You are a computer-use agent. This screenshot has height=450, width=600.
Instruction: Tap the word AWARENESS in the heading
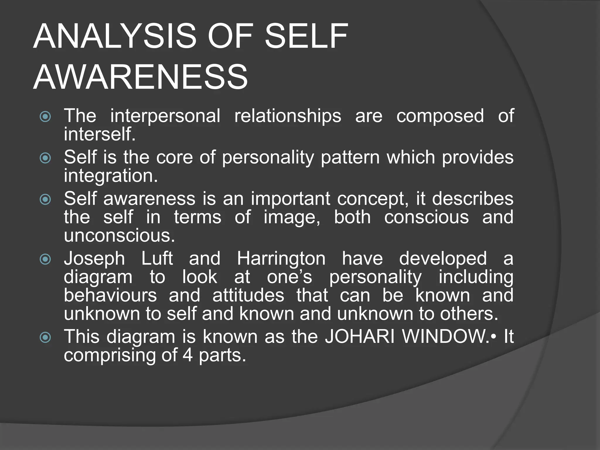coord(141,77)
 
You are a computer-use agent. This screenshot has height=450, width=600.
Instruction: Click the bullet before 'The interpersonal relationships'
coord(45,117)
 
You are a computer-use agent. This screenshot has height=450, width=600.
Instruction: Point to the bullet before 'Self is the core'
coord(45,158)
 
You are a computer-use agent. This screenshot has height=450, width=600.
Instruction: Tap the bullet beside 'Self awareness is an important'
coord(45,200)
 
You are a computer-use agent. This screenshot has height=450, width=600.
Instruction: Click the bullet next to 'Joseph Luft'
coord(45,259)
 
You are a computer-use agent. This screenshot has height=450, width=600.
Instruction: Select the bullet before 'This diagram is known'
coord(45,337)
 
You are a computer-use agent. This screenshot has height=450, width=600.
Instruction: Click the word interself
coord(100,134)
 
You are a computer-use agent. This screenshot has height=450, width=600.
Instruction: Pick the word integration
coord(111,176)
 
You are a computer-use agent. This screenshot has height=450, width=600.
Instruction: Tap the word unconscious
coord(119,235)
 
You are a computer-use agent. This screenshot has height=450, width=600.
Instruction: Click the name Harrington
coord(281,259)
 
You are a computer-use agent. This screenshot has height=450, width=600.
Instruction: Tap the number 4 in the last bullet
coord(187,355)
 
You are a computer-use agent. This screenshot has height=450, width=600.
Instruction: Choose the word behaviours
coord(110,295)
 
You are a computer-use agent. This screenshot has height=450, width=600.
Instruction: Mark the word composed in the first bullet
coord(440,116)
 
